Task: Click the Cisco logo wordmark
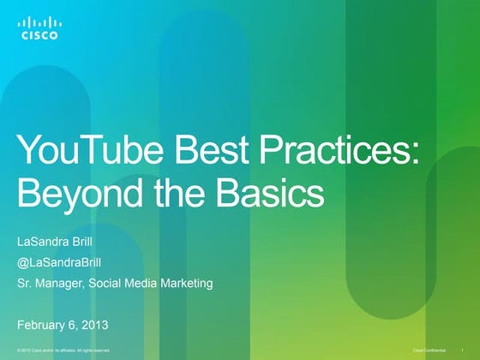point(39,36)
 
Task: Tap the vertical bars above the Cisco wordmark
point(39,22)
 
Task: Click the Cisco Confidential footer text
point(430,351)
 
